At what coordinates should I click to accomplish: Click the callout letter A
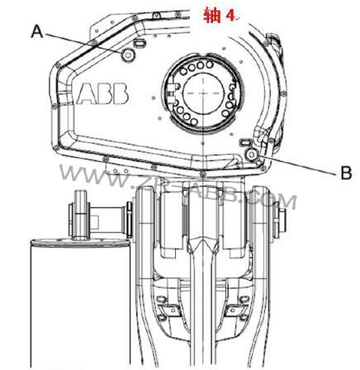pyautogui.click(x=36, y=31)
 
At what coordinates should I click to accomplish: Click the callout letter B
pyautogui.click(x=347, y=173)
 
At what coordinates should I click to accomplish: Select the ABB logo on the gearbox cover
pyautogui.click(x=102, y=92)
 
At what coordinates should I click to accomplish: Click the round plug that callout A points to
pyautogui.click(x=129, y=54)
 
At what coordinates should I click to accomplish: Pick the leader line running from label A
pyautogui.click(x=83, y=41)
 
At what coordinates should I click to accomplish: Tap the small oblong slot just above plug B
pyautogui.click(x=244, y=142)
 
